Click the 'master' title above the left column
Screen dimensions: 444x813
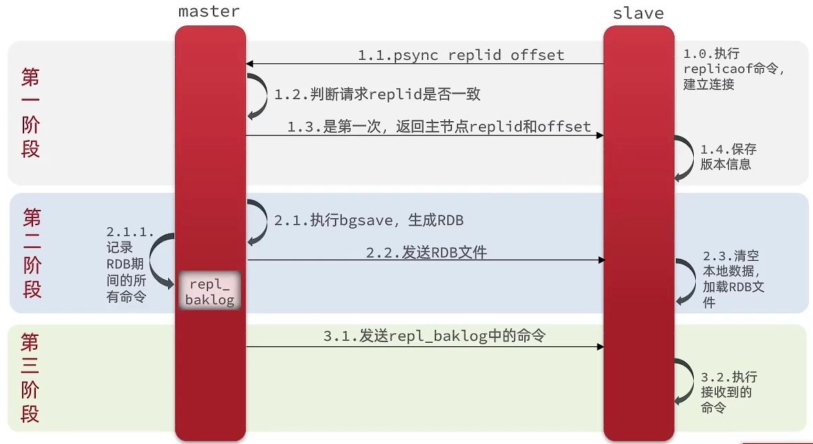click(x=209, y=11)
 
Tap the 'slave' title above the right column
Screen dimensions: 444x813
click(x=638, y=13)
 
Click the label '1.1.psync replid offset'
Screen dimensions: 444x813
click(x=460, y=55)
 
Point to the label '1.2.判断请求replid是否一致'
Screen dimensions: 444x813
click(x=377, y=94)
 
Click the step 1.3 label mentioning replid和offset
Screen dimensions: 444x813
click(x=439, y=126)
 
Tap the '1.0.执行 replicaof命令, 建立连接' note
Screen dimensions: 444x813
click(x=733, y=69)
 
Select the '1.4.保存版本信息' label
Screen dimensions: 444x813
click(x=728, y=157)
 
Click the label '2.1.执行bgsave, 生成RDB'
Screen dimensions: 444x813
click(x=369, y=220)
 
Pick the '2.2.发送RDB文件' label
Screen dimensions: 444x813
click(x=426, y=253)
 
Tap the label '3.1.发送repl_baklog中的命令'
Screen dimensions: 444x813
click(x=434, y=337)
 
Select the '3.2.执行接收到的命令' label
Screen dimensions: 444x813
click(x=728, y=392)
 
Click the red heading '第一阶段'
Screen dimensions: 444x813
click(x=31, y=113)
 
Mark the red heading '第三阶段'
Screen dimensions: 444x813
click(x=30, y=378)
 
